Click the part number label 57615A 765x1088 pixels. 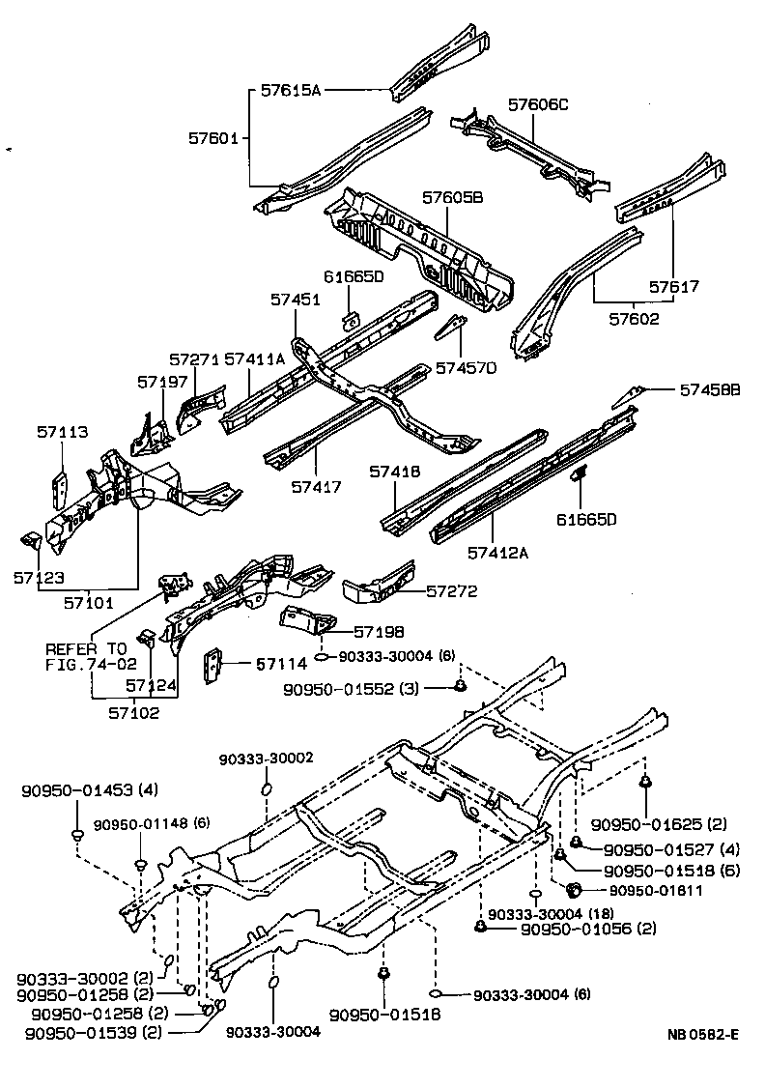(x=290, y=90)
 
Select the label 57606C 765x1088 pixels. (x=538, y=103)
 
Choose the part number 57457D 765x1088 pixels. (x=466, y=368)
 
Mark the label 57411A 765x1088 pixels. (x=254, y=359)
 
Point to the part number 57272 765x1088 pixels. (x=452, y=590)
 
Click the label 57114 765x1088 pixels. (x=281, y=664)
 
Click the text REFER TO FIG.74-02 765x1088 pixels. (x=91, y=656)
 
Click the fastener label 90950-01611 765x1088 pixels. (x=662, y=890)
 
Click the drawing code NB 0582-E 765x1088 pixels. (x=702, y=1036)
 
